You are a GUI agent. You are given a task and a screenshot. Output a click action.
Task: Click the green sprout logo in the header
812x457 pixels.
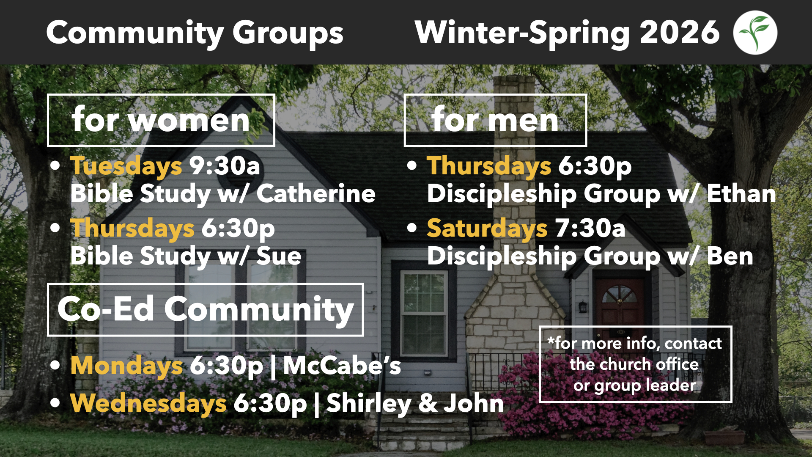coord(755,33)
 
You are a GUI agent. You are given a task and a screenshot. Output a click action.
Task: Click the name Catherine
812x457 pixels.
coord(316,194)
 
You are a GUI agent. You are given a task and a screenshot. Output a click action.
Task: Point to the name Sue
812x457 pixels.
coord(279,256)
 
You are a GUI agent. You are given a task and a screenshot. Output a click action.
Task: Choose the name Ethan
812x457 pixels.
coord(741,194)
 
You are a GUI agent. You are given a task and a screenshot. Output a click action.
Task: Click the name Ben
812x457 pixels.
coord(730,256)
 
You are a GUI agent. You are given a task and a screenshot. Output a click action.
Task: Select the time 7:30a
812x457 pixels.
coord(590,228)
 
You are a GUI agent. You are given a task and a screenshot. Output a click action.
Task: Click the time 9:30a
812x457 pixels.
coord(225,165)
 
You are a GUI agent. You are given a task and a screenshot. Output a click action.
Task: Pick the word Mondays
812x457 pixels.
coord(126,366)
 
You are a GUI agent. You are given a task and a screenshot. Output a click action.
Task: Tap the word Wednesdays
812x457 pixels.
coord(148,403)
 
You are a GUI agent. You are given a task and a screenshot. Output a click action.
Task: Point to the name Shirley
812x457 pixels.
coord(369,403)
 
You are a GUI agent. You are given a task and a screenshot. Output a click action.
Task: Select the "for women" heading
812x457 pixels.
coord(161,120)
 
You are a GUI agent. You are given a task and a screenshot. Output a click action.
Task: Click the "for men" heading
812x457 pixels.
coord(495,120)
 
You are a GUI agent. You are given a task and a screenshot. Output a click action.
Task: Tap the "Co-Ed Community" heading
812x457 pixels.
coord(206,310)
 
